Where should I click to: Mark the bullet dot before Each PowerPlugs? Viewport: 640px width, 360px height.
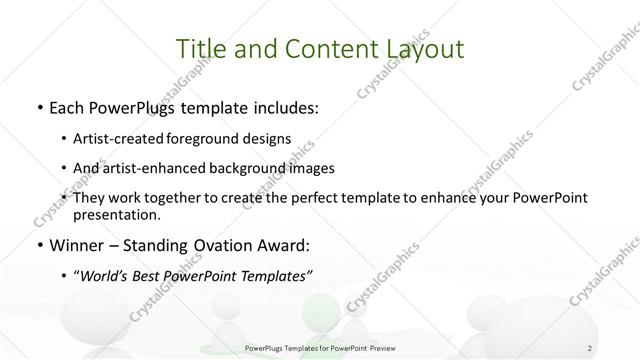(38, 107)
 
